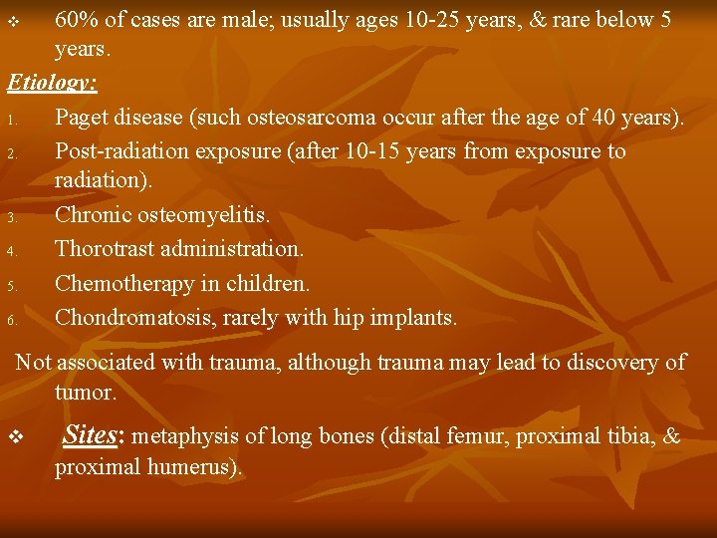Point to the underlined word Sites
89,435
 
